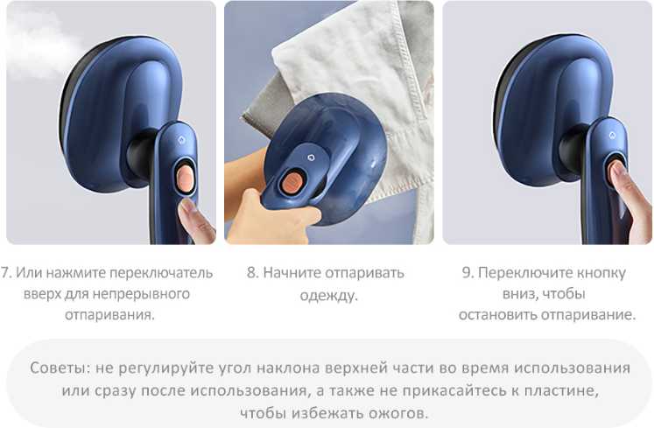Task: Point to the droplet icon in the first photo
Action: [181, 140]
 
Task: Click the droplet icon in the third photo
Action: [612, 135]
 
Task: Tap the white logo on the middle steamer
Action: [310, 157]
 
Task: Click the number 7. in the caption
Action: [7, 273]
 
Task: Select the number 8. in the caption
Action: [253, 273]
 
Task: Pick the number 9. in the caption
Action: [468, 273]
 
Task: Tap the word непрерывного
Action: [141, 294]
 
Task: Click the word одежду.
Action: [328, 296]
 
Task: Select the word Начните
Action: [292, 273]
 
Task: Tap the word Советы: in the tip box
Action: [60, 368]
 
